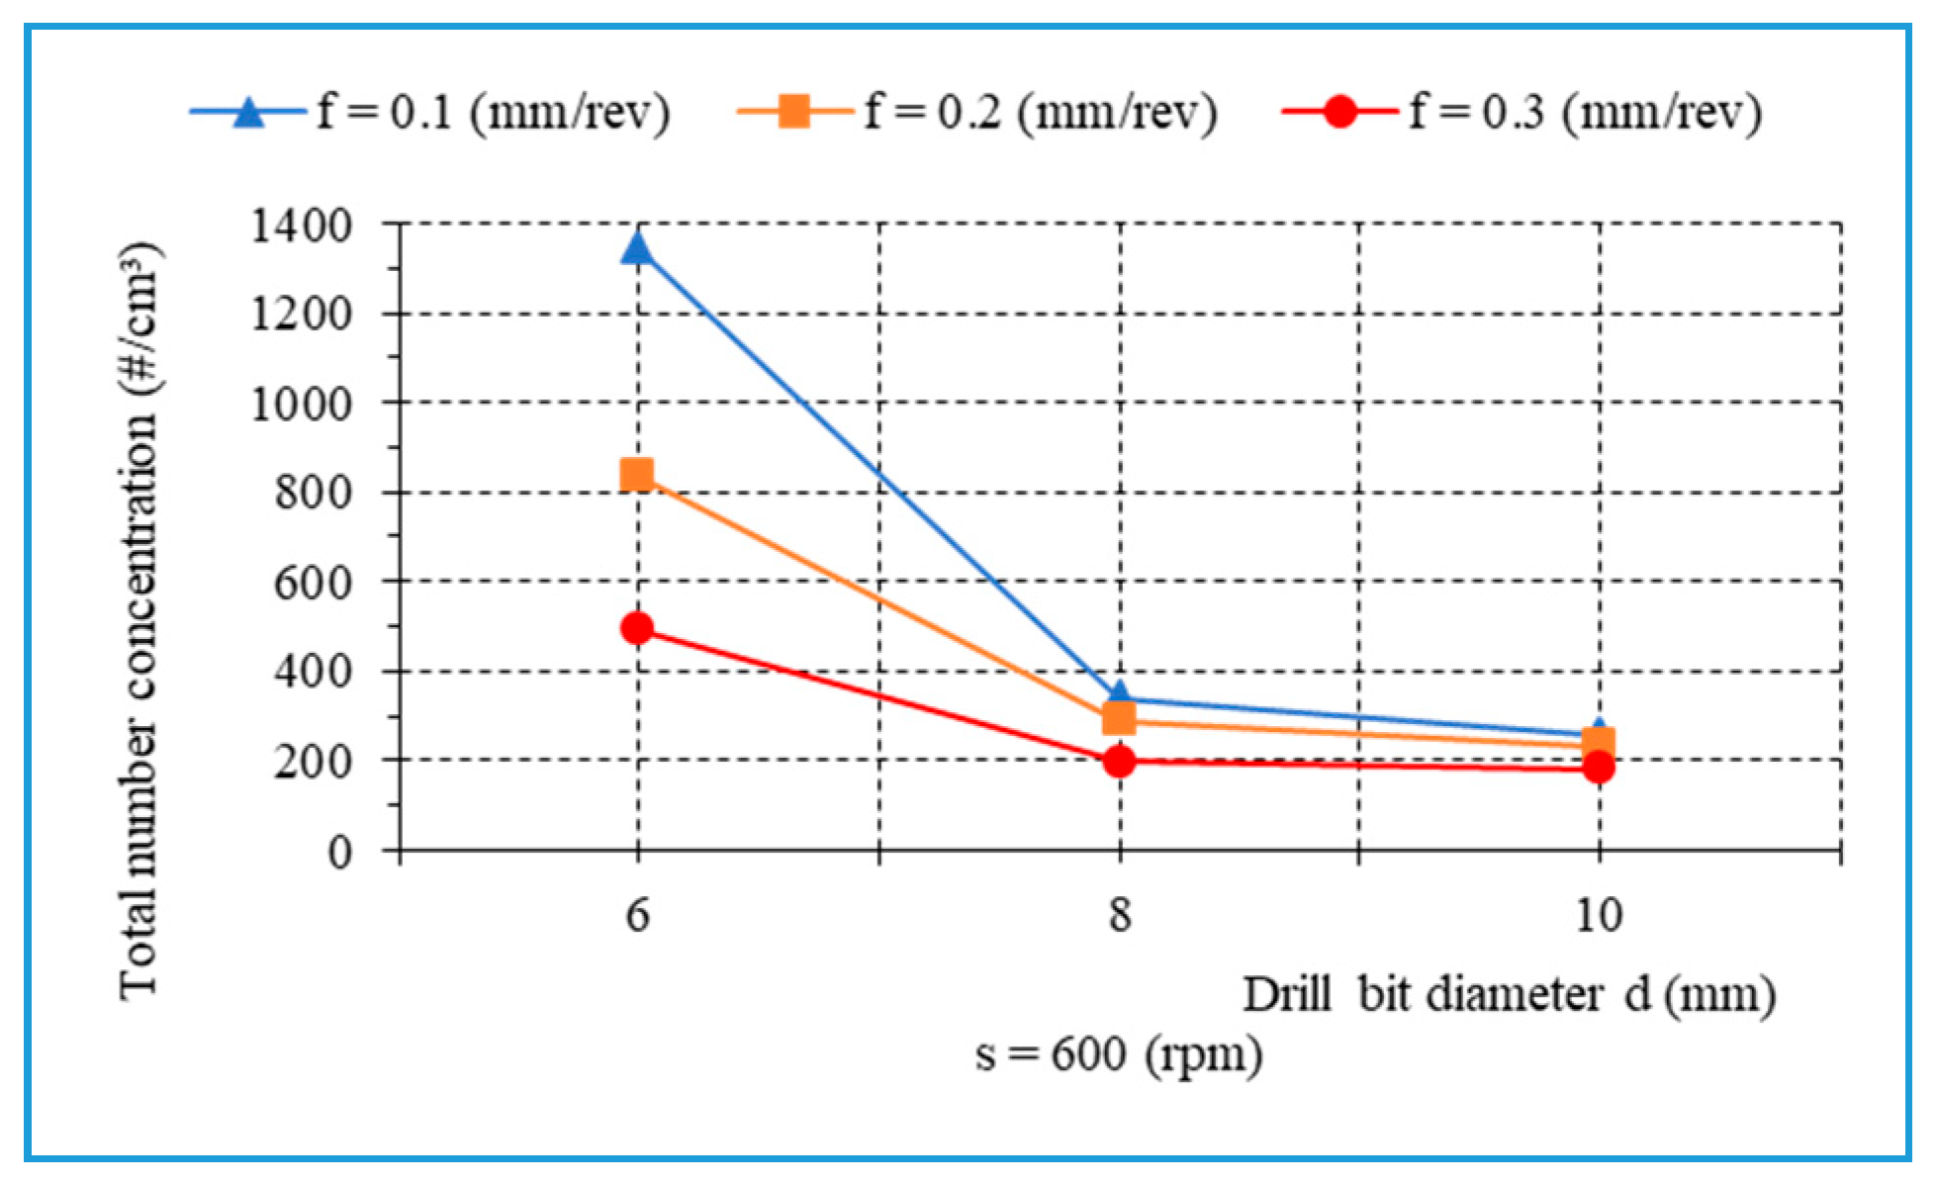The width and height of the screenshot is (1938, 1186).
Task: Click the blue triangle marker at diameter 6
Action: [637, 247]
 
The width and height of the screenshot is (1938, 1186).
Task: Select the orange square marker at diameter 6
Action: [637, 475]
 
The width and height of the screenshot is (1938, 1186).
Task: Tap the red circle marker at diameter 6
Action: [637, 628]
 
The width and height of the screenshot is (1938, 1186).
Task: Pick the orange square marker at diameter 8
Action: [1119, 717]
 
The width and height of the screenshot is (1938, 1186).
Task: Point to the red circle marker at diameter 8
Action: [1119, 761]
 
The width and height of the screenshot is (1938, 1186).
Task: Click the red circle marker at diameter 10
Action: [1599, 767]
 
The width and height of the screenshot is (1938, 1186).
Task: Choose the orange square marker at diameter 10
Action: [1599, 742]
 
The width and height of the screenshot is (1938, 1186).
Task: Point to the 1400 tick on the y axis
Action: [302, 227]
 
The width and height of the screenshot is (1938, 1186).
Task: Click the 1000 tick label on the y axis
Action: [302, 405]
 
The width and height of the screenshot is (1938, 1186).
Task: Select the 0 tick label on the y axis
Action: [339, 852]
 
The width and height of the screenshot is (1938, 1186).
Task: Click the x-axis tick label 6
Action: [637, 915]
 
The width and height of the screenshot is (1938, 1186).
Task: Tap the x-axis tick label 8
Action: [1119, 915]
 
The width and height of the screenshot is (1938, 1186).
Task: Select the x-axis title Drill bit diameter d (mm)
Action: [1509, 994]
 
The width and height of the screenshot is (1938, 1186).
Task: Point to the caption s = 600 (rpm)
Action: [1119, 1054]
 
